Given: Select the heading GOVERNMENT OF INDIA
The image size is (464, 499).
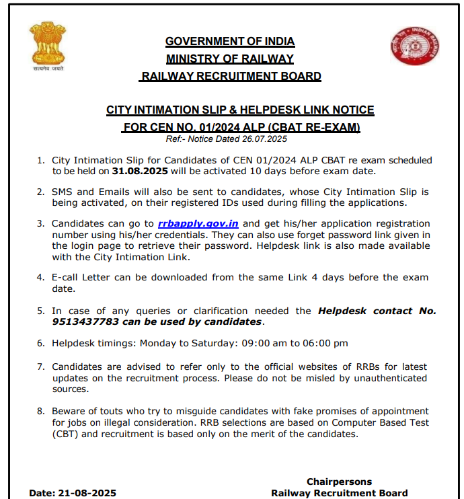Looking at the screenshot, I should (230, 41).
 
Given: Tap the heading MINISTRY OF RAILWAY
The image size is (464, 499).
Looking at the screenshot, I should (230, 59).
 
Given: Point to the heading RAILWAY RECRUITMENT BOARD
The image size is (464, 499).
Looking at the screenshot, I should (231, 76).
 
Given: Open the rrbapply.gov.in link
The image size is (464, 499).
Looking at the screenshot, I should (199, 223).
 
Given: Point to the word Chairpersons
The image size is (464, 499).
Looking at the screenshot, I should (339, 482).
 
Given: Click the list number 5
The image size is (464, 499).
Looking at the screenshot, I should (41, 311).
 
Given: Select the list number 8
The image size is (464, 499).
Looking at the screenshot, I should (41, 411).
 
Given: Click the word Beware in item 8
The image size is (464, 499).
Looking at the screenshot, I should (69, 411).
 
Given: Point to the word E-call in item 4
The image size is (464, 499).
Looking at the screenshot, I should (67, 277).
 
